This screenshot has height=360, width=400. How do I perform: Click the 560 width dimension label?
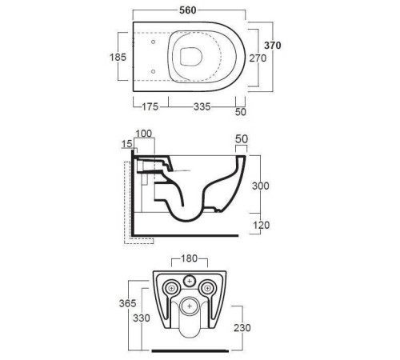pyautogui.click(x=188, y=10)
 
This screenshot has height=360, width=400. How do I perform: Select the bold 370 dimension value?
pyautogui.click(x=273, y=46)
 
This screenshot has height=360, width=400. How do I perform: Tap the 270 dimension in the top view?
pyautogui.click(x=258, y=58)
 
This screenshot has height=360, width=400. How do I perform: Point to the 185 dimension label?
pyautogui.click(x=118, y=57)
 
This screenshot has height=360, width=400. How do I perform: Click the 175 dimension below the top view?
pyautogui.click(x=150, y=106)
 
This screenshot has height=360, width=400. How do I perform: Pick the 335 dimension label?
pyautogui.click(x=202, y=106)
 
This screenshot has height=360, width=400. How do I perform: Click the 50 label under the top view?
pyautogui.click(x=241, y=112)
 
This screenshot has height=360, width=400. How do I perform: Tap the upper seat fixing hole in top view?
pyautogui.click(x=153, y=42)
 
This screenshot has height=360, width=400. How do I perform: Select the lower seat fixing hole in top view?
pyautogui.click(x=153, y=71)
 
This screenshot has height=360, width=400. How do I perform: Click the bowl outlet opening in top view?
pyautogui.click(x=191, y=57)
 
